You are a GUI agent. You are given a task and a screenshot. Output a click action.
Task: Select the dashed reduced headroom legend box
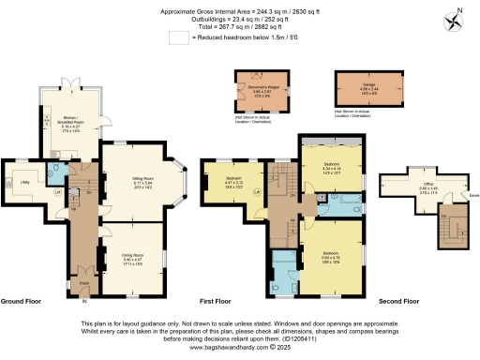tap(176, 37)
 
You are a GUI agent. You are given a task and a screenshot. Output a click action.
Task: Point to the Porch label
tap(84, 282)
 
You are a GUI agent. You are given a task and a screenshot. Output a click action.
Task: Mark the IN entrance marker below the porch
tap(84, 301)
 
